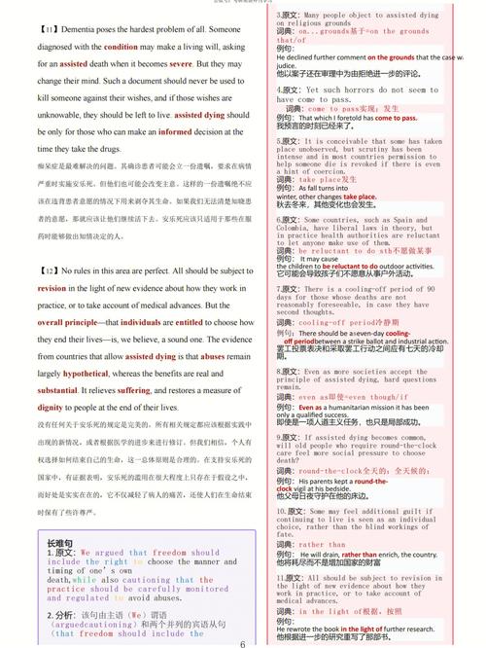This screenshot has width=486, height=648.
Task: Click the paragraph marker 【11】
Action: point(49,30)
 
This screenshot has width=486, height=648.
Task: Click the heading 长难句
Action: point(60,541)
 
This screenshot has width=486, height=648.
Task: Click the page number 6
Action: point(243,641)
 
